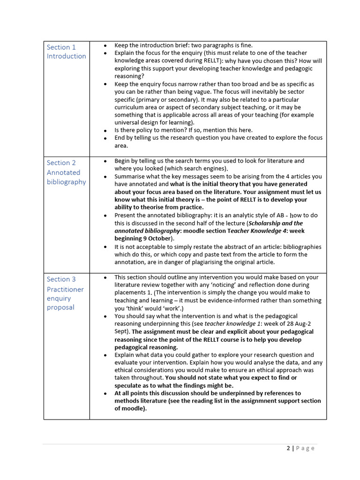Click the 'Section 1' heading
(61, 47)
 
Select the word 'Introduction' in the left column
(66, 56)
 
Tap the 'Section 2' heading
(61, 163)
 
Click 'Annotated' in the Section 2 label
(63, 172)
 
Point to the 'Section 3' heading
(61, 279)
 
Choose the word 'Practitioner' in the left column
(65, 289)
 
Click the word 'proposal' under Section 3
(60, 307)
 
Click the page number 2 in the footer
(288, 448)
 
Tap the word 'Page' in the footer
(305, 448)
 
